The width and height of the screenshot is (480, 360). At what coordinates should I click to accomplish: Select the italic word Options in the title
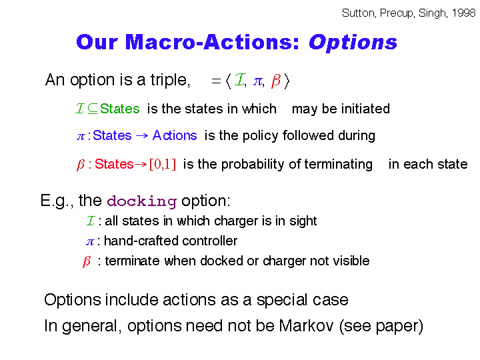point(353,43)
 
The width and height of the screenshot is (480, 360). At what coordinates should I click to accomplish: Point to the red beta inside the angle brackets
point(275,81)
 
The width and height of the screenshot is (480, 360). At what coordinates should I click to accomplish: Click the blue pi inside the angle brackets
point(258,81)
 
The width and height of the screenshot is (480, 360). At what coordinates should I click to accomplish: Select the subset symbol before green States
point(93,109)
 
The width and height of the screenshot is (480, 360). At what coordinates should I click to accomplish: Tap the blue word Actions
point(175,135)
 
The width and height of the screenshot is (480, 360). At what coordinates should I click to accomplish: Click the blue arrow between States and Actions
point(142,135)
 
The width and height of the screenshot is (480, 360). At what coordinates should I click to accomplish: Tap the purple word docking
point(142,201)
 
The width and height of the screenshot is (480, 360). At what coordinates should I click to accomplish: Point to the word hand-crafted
point(139,241)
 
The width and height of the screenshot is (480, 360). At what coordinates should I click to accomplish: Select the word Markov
point(306,325)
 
